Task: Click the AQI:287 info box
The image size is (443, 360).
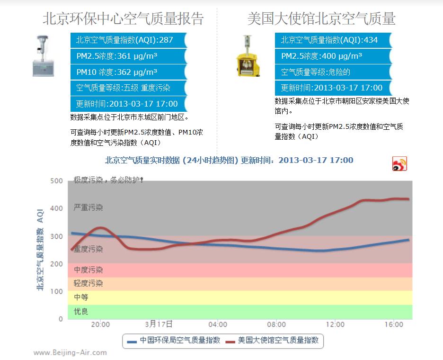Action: coord(128,40)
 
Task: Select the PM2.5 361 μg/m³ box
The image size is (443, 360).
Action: coord(128,56)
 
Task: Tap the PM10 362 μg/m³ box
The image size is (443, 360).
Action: coord(128,72)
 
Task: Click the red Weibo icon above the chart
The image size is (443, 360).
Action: coord(399,163)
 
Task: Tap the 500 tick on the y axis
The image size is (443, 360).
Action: coord(56,181)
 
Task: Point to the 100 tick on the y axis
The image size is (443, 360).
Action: coord(56,291)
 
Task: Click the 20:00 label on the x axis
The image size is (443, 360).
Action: coord(100,324)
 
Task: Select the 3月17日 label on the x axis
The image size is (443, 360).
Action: coord(159,324)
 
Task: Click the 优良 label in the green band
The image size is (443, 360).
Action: coord(81,312)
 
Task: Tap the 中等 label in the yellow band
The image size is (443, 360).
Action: coord(81,297)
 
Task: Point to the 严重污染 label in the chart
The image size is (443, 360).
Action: coord(88,207)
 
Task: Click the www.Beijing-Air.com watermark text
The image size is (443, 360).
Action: coord(70,352)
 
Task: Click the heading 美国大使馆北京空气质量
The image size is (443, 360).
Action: coord(321,18)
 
